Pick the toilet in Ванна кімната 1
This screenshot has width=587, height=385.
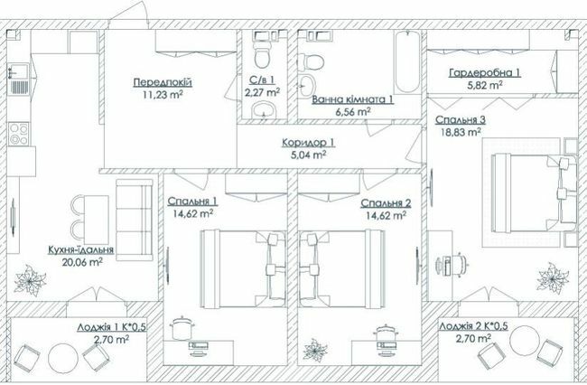(313, 62)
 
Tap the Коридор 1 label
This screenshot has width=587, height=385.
(308, 142)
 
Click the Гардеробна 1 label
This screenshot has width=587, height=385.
(486, 73)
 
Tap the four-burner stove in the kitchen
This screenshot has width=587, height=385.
(19, 135)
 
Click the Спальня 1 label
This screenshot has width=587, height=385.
(192, 203)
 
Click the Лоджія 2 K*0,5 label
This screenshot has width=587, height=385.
(473, 327)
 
